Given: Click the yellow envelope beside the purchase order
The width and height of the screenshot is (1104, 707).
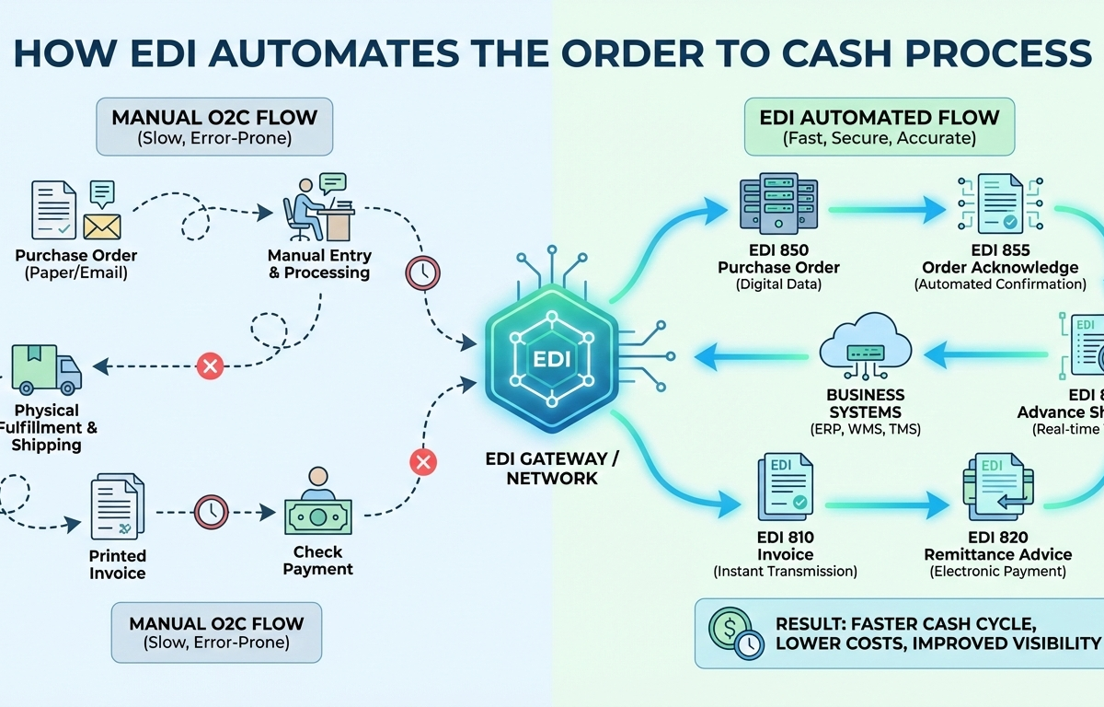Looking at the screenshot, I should coord(103,225).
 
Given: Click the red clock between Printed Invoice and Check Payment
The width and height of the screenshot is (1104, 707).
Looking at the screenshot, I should coord(212,511).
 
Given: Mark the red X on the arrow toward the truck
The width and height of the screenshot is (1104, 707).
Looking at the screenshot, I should coord(211,366).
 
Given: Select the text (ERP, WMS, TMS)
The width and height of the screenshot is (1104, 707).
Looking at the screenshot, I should coord(865,430).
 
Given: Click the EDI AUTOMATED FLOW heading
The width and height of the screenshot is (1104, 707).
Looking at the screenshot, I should coord(879,118).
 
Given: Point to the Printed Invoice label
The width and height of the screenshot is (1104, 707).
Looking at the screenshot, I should coord(118,564).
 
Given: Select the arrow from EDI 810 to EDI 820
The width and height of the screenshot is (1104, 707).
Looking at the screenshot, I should coord(886,504).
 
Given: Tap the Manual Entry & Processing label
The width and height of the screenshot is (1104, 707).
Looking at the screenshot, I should coord(319,263).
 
